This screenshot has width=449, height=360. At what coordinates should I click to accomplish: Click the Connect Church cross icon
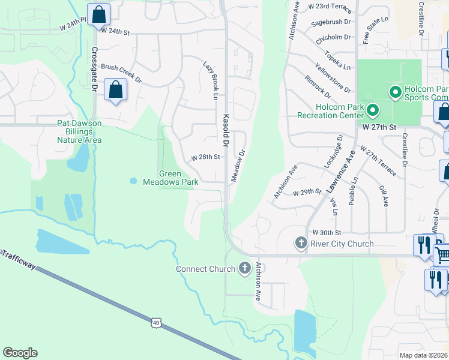(244, 268)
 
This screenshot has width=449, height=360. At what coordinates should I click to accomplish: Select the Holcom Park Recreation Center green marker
(372, 110)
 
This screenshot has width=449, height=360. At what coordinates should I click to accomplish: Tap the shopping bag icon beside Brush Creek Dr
(115, 91)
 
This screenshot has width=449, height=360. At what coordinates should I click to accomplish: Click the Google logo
(20, 353)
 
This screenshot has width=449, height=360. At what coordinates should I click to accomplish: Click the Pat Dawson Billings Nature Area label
(79, 131)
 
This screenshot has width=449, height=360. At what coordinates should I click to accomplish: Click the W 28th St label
(206, 157)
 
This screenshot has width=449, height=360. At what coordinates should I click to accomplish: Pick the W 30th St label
(327, 232)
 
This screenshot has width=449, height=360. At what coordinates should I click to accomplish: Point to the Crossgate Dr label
(94, 68)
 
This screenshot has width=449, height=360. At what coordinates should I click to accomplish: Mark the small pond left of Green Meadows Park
(133, 181)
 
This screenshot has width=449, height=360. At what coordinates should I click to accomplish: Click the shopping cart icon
(442, 254)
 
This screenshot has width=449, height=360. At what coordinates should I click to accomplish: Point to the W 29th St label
(308, 192)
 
